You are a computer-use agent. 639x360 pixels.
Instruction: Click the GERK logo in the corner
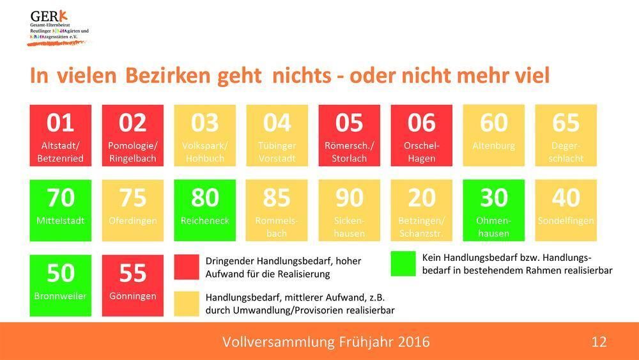click(x=58, y=27)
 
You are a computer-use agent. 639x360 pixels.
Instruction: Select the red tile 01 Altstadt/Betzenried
click(x=61, y=136)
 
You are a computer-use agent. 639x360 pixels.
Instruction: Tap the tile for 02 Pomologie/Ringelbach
click(x=132, y=136)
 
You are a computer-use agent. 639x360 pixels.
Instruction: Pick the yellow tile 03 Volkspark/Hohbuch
click(x=204, y=136)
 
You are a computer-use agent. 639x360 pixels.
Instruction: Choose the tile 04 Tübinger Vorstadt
click(x=277, y=136)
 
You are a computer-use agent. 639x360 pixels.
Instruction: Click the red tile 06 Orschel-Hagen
click(x=421, y=136)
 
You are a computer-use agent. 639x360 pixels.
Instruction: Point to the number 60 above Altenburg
click(x=493, y=123)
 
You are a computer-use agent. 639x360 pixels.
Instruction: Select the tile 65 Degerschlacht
click(x=566, y=136)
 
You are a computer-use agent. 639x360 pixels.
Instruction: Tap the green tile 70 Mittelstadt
click(x=61, y=210)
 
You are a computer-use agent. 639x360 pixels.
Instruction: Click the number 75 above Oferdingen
click(x=132, y=198)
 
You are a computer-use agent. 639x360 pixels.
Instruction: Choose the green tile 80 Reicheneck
click(x=204, y=210)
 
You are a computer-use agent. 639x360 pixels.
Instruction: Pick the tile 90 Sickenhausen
click(x=349, y=210)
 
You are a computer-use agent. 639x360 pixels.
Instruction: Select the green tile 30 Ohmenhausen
click(x=493, y=210)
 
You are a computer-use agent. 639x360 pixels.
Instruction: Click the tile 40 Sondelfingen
click(x=566, y=210)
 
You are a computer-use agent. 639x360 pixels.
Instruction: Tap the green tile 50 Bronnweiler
click(x=61, y=285)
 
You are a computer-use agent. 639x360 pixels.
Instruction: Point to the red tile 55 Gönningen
click(x=132, y=285)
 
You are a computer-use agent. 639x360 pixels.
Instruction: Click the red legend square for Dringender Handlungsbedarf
click(x=186, y=267)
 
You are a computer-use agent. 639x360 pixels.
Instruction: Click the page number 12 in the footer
click(x=599, y=342)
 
